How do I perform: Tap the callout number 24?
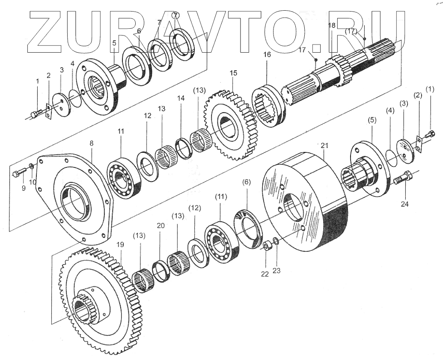[x=404, y=204]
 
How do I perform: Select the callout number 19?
[x=120, y=245]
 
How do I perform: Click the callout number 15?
[x=233, y=73]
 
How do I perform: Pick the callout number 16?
[x=267, y=55]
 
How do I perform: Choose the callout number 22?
[x=265, y=274]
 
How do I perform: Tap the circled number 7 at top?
[x=175, y=15]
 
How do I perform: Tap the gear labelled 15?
[x=231, y=126]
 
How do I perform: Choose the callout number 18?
[x=332, y=26]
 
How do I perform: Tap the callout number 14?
[x=181, y=98]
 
